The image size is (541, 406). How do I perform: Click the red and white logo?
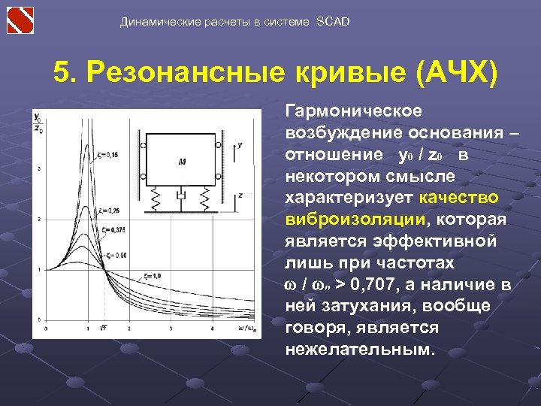[20, 20]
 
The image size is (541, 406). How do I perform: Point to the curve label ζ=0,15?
[107, 155]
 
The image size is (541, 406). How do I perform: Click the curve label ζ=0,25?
[108, 211]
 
